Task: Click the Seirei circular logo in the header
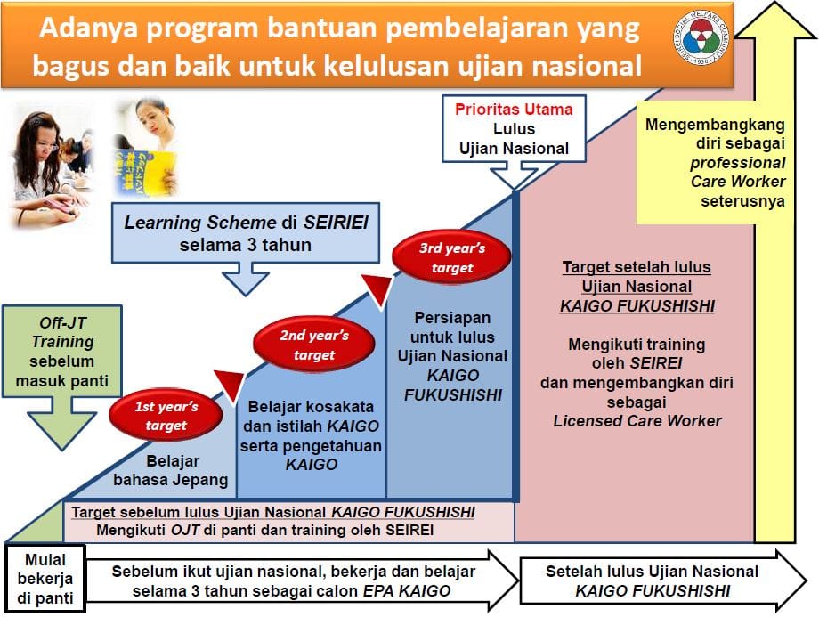pyautogui.click(x=700, y=37)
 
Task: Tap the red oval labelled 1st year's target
pyautogui.click(x=166, y=416)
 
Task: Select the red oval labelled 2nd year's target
pyautogui.click(x=314, y=345)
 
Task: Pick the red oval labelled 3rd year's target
pyautogui.click(x=452, y=257)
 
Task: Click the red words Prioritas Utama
pyautogui.click(x=514, y=110)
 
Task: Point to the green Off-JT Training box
pyautogui.click(x=62, y=352)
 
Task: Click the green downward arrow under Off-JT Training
pyautogui.click(x=62, y=423)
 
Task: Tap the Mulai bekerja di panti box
pyautogui.click(x=45, y=579)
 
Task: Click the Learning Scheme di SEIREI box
pyautogui.click(x=246, y=233)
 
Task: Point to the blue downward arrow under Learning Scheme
pyautogui.click(x=246, y=279)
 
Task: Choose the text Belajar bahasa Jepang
pyautogui.click(x=171, y=470)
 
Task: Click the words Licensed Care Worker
pyautogui.click(x=637, y=421)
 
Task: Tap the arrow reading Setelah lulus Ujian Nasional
pyautogui.click(x=663, y=580)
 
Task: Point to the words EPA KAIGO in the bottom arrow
pyautogui.click(x=406, y=591)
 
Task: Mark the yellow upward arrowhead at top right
pyautogui.click(x=776, y=20)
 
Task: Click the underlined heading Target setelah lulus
pyautogui.click(x=637, y=267)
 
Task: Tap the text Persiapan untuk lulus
pyautogui.click(x=452, y=327)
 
